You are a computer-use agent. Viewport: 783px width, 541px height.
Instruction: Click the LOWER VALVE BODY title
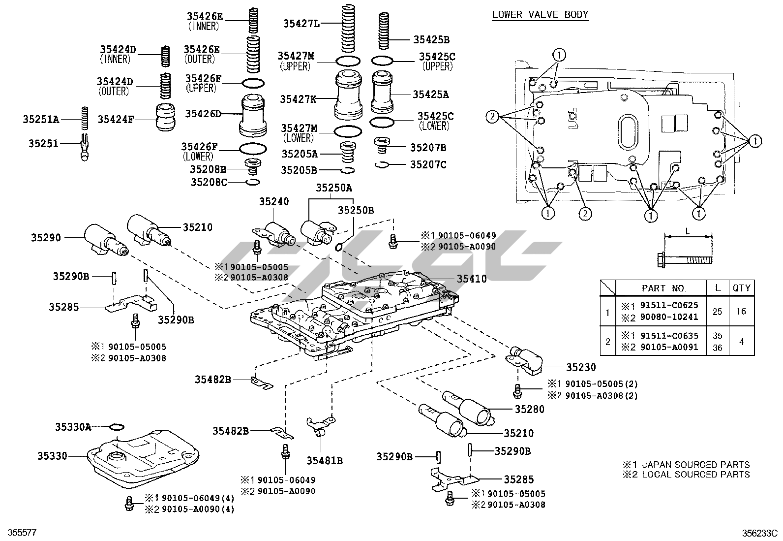540,15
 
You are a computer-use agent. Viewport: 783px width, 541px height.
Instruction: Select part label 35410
472,279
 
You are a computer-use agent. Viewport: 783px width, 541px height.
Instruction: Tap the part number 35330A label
73,427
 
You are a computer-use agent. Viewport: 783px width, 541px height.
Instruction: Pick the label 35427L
301,23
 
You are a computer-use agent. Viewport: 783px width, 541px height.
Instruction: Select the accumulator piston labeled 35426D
253,116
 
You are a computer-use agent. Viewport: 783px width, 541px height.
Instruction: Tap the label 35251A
40,119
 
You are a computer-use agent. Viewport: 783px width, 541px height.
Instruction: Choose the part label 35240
274,201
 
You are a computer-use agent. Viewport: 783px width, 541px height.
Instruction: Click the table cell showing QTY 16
741,311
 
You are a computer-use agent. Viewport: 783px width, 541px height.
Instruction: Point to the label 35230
580,367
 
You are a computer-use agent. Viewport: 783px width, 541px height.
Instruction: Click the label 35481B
324,461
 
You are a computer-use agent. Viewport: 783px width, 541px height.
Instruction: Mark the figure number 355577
19,533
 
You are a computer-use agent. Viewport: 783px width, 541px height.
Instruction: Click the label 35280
530,409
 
